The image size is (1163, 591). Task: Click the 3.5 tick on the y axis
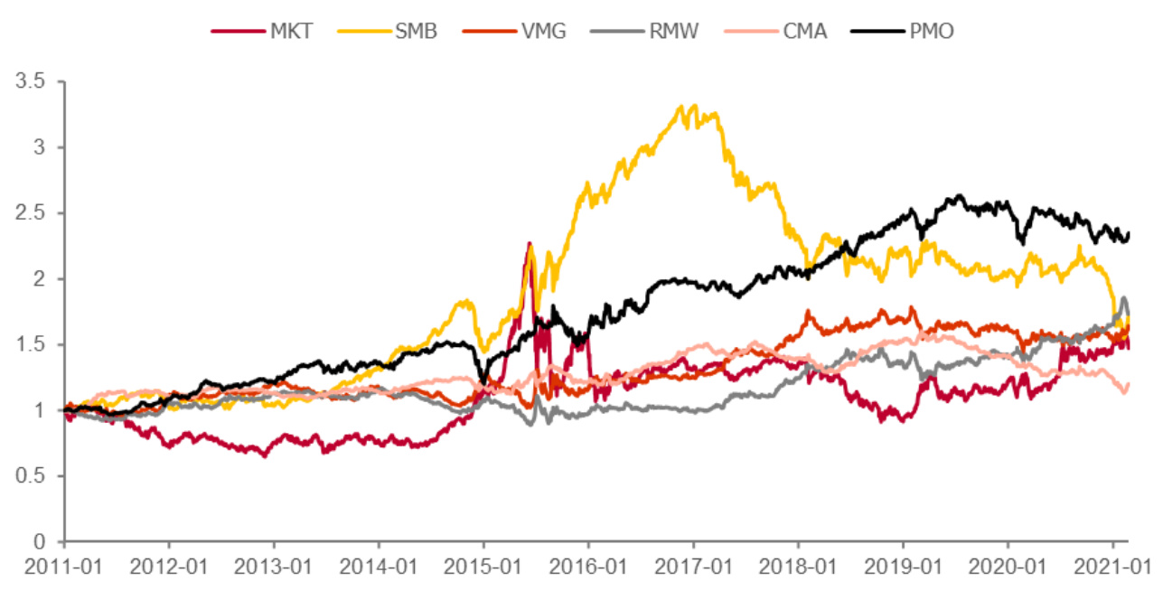coord(35,81)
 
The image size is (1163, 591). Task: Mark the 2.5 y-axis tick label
coord(35,213)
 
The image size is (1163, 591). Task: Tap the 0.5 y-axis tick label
coord(35,476)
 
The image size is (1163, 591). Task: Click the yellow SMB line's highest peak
coord(694,106)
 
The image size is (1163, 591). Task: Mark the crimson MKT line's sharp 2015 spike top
coord(529,243)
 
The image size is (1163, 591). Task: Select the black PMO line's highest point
coord(961,195)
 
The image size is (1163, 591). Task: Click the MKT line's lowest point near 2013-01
coord(265,455)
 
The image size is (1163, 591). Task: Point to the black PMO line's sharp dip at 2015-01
coord(482,382)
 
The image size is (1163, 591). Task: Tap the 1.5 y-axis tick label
coord(35,345)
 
